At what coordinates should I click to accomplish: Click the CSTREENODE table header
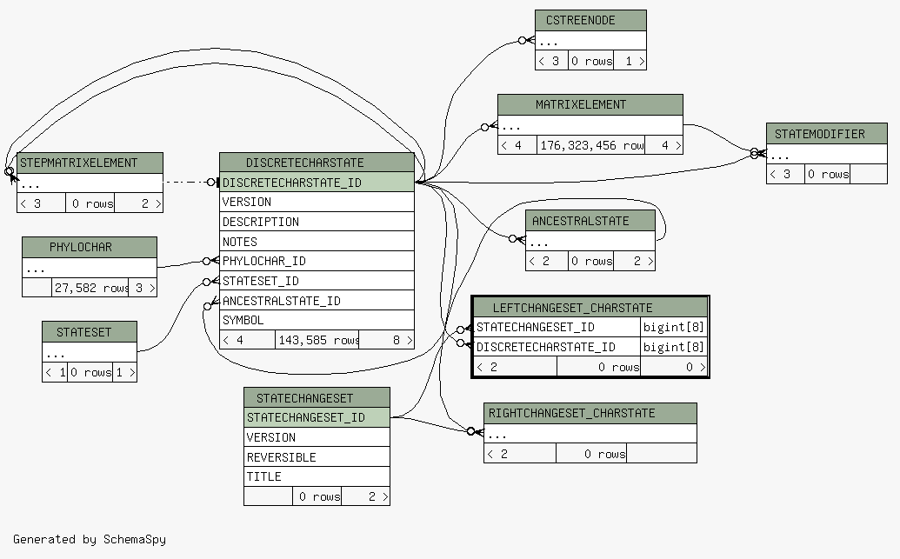pos(590,21)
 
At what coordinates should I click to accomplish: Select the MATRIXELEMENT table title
pos(590,105)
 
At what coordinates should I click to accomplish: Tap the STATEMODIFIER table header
pos(827,134)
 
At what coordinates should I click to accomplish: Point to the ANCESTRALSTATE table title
pos(590,221)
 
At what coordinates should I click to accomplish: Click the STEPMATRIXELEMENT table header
pos(90,163)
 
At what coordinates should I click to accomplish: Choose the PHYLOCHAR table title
pos(90,248)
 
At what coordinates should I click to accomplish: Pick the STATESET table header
pos(90,332)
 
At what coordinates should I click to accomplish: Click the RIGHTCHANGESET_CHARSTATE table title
pos(590,413)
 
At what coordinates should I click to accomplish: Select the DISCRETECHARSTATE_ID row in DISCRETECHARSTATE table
pos(317,183)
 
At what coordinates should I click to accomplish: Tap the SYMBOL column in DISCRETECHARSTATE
pos(317,320)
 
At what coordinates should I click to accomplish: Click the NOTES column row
pos(317,242)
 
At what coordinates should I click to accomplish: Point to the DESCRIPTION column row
pos(317,222)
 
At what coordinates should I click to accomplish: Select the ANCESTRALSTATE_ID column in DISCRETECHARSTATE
pos(317,301)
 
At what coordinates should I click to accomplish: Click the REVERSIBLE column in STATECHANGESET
pos(317,457)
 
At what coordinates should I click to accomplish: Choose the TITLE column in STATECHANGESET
pos(317,476)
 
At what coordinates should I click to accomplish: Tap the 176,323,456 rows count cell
pos(591,146)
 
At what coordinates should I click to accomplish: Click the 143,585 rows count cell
pos(317,340)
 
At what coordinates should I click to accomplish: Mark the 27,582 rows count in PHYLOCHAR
pos(90,288)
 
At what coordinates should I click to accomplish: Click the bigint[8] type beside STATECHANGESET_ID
pos(673,327)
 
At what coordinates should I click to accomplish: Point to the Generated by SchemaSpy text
pos(90,540)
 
